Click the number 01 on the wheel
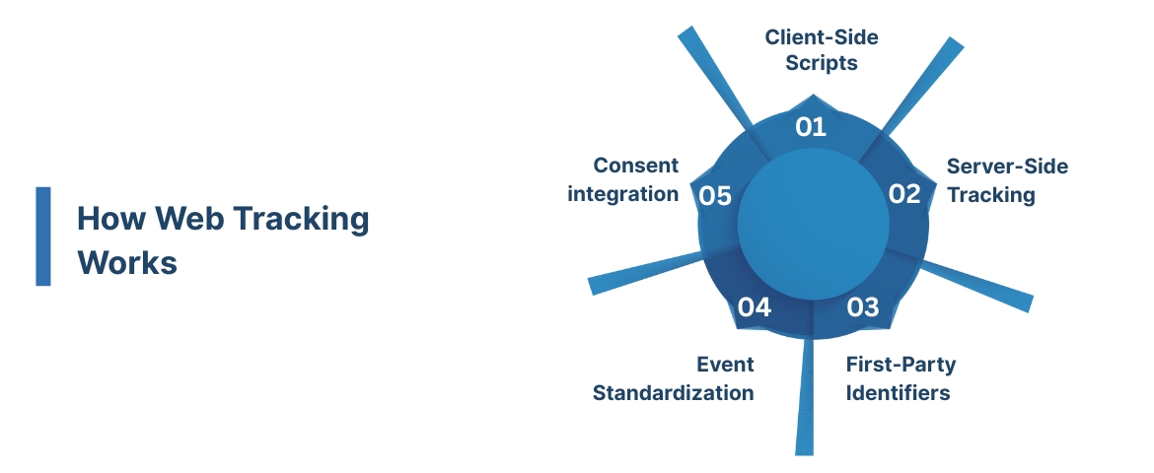pyautogui.click(x=810, y=127)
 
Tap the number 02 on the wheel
pyautogui.click(x=903, y=194)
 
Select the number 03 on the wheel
pyautogui.click(x=862, y=307)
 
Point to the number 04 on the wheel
pyautogui.click(x=754, y=307)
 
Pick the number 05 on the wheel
pyautogui.click(x=715, y=196)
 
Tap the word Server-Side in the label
pyautogui.click(x=1007, y=166)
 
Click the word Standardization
pyautogui.click(x=673, y=393)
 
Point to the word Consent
pyautogui.click(x=636, y=166)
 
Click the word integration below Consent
pyautogui.click(x=622, y=193)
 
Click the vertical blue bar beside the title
pyautogui.click(x=42, y=236)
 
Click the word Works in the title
pyautogui.click(x=127, y=263)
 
